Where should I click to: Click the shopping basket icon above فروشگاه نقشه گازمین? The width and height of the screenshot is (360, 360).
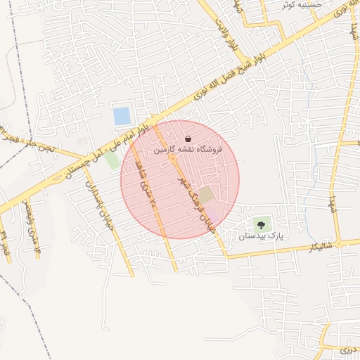(x=188, y=139)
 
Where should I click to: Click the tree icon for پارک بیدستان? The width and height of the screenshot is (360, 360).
(x=262, y=225)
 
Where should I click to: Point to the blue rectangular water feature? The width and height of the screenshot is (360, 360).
(x=122, y=116)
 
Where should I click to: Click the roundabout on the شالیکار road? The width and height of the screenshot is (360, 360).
(x=339, y=243)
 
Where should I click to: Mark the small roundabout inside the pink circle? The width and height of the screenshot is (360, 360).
(x=172, y=159)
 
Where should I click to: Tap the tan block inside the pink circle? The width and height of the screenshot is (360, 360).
(x=205, y=194)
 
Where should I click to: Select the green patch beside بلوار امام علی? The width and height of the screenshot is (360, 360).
(x=112, y=160)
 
